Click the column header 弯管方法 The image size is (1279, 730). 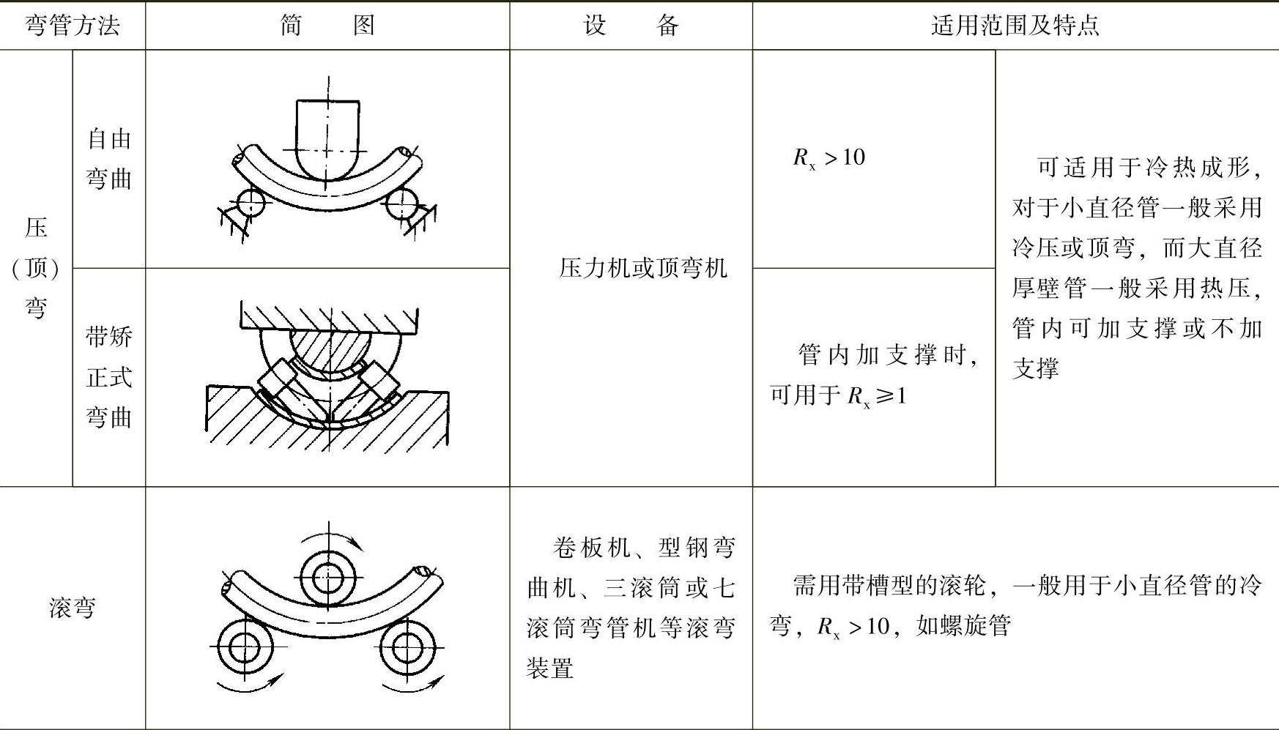click(x=72, y=26)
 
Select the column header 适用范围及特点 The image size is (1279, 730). click(x=1015, y=26)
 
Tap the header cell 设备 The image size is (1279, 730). click(x=631, y=26)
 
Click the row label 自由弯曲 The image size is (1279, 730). click(x=109, y=159)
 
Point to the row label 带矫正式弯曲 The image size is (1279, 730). click(x=109, y=377)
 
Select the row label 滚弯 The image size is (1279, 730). click(x=72, y=608)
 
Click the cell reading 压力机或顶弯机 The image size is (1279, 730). click(x=642, y=268)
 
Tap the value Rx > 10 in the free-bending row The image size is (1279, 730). click(x=828, y=157)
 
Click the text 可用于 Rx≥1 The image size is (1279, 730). click(x=838, y=395)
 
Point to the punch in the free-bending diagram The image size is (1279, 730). click(x=328, y=139)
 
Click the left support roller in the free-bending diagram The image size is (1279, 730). click(x=251, y=203)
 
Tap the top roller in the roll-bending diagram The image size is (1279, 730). click(x=329, y=578)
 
